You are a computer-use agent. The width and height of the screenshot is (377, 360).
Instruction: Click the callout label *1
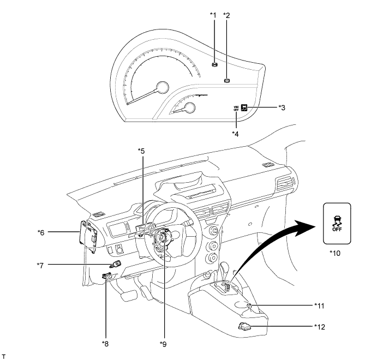(213, 15)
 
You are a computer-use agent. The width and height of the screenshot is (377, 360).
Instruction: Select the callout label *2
(227, 15)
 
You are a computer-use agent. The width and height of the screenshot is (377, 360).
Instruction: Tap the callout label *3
(282, 107)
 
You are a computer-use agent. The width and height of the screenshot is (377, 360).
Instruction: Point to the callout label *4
(236, 133)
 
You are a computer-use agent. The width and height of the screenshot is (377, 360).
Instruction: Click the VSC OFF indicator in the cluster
(236, 108)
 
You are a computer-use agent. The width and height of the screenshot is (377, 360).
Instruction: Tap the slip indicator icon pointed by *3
(245, 107)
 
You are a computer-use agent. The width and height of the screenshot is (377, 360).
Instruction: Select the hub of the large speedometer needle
(161, 87)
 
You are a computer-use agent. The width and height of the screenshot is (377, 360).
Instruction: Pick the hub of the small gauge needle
(190, 108)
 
